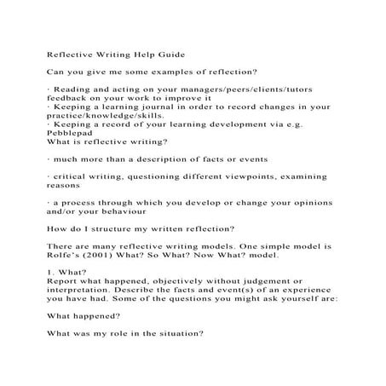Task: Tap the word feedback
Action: click(68, 99)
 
